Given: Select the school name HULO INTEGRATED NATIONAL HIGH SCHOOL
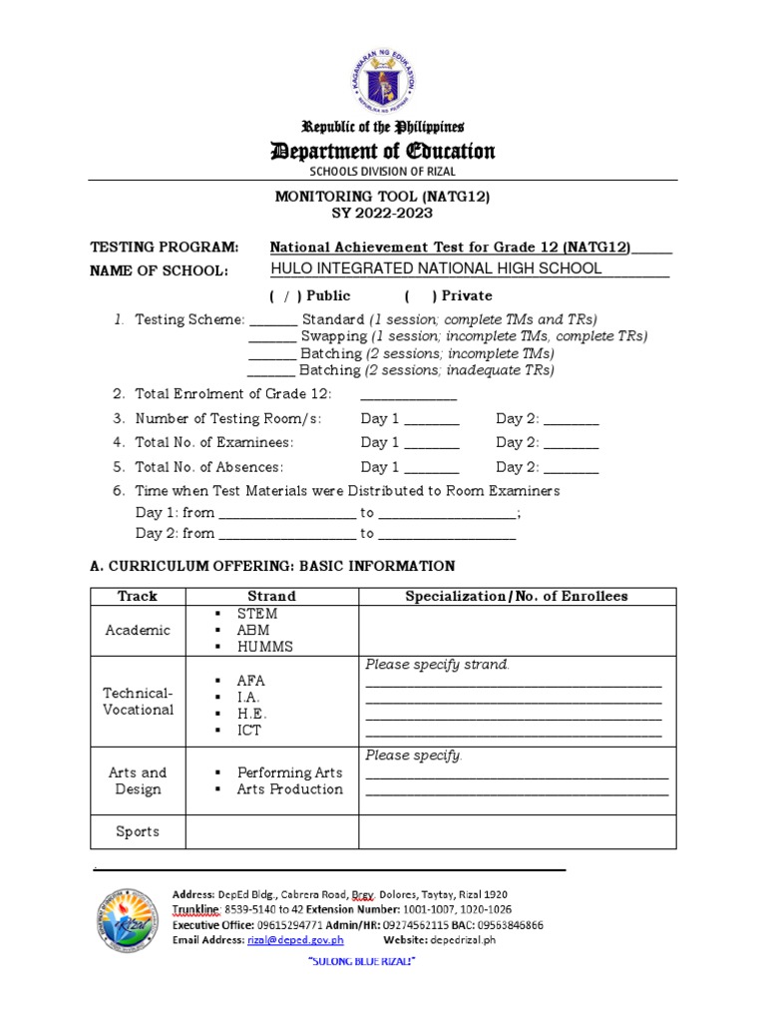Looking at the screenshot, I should pos(436,268).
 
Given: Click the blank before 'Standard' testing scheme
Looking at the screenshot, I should pos(272,320).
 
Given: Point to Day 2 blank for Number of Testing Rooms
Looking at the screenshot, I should pos(571,420).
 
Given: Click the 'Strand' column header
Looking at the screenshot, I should pos(271,596).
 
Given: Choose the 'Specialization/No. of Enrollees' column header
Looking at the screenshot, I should pos(517,596).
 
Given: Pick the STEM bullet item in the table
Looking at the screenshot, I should pos(256,614).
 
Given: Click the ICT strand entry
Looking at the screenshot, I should pos(248,731).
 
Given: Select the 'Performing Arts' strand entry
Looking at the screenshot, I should pos(289,772).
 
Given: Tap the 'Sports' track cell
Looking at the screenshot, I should pos(138,831).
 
